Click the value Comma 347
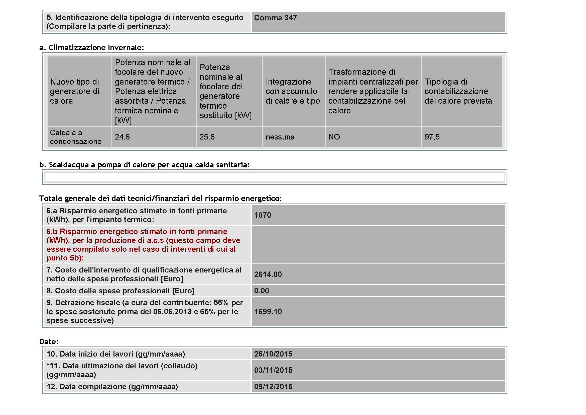coord(275,18)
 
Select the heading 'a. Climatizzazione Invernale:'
coord(92,47)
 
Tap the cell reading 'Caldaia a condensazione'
coord(76,137)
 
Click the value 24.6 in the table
coord(122,137)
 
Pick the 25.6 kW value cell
coord(207,137)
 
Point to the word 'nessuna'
coord(280,137)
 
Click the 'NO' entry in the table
coord(334,137)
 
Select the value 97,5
coord(432,137)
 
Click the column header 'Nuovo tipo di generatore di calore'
coord(74,91)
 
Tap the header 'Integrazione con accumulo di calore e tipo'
coord(292,91)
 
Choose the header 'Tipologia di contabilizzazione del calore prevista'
coord(458,91)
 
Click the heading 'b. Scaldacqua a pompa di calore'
coord(144,165)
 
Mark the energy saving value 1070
coord(263,215)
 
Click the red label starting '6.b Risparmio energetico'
coord(143,245)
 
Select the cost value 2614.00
coord(268,274)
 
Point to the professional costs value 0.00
coord(262,291)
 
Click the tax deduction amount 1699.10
coord(268,312)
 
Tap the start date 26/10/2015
coord(273,354)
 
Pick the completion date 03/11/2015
coord(273,370)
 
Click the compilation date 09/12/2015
coord(273,387)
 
